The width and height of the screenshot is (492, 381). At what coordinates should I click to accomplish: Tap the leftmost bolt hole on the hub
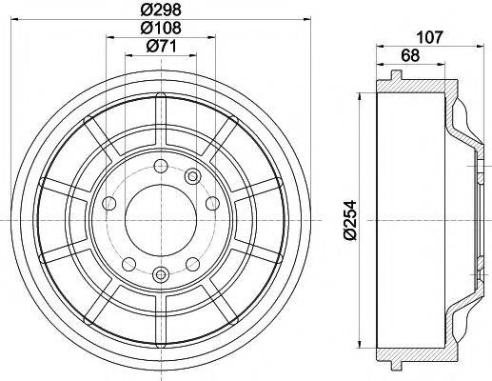[108, 203]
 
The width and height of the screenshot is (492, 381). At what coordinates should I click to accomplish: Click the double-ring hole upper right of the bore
[192, 175]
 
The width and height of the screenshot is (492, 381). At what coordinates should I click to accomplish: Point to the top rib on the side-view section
[393, 75]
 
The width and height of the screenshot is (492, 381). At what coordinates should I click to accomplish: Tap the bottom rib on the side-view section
[393, 366]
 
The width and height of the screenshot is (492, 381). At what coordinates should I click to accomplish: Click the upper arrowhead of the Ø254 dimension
[360, 96]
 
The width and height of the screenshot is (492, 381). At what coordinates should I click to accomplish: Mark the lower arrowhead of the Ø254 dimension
[360, 345]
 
